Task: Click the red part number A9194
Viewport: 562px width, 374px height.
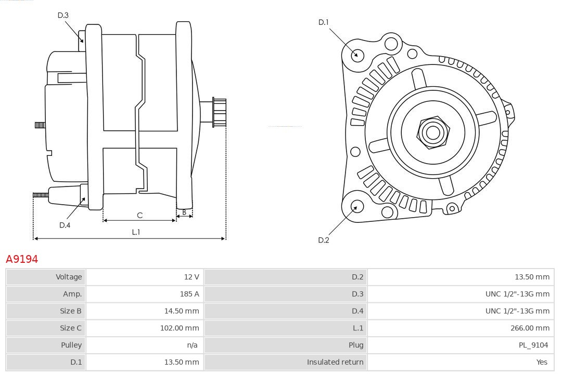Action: (x=22, y=259)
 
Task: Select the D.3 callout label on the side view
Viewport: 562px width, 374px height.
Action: (x=63, y=16)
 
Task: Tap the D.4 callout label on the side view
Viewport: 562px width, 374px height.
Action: (x=65, y=225)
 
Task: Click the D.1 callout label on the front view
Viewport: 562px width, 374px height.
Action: (x=324, y=22)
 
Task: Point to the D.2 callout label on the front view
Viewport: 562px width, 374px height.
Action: (x=324, y=240)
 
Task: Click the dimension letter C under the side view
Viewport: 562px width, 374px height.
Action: (x=139, y=215)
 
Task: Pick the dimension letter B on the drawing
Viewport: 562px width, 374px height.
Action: (x=184, y=212)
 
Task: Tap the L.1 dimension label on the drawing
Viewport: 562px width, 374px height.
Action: (x=136, y=232)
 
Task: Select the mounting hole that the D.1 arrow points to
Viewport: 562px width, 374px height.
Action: (x=357, y=55)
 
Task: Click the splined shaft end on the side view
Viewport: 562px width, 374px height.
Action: (x=219, y=112)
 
